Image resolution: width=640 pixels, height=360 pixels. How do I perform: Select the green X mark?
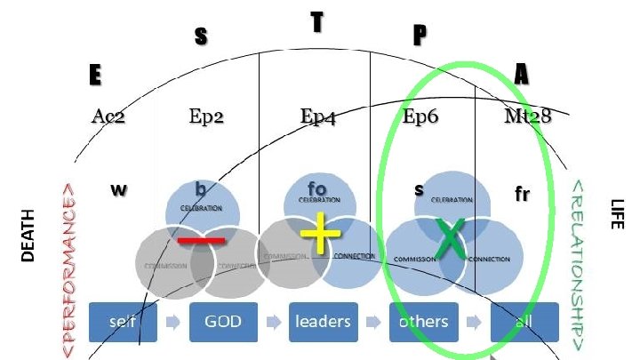(451, 242)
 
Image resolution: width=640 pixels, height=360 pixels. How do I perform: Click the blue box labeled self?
(123, 322)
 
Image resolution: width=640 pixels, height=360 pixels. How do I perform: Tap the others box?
(423, 322)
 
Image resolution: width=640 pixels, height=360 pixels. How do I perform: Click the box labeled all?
(524, 322)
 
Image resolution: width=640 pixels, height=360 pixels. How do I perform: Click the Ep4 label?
(317, 117)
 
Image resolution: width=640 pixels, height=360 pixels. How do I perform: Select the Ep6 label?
(421, 116)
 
